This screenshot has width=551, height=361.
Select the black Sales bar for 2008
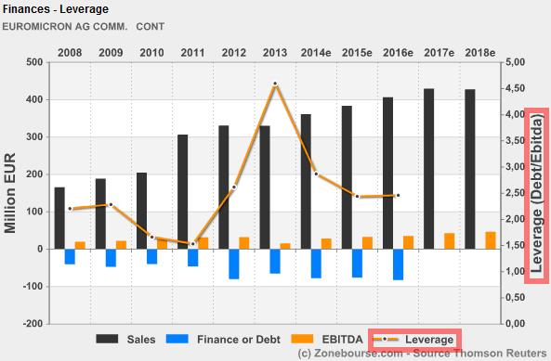click(59, 218)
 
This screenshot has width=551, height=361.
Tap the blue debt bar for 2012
click(234, 264)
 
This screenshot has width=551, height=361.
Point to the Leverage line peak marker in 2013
click(275, 84)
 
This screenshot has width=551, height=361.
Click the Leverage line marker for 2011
click(193, 244)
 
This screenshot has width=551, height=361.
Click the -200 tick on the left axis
click(30, 324)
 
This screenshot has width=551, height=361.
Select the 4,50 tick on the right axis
click(515, 88)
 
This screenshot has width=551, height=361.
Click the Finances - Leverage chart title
click(56, 9)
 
